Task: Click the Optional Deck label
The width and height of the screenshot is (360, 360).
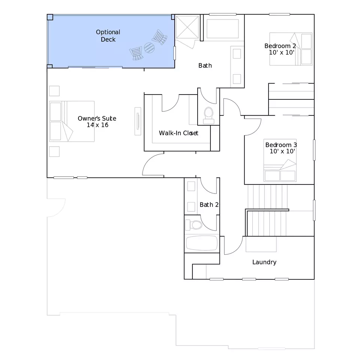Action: pyautogui.click(x=108, y=36)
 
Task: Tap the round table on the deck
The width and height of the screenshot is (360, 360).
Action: pyautogui.click(x=149, y=48)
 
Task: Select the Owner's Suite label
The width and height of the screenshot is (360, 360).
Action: pyautogui.click(x=97, y=121)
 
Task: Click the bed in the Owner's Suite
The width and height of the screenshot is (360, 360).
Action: pyautogui.click(x=72, y=121)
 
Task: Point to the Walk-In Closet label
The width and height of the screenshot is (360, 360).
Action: pyautogui.click(x=178, y=133)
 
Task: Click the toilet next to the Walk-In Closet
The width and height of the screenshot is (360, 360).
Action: pyautogui.click(x=209, y=115)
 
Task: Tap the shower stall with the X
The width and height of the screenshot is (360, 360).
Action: pyautogui.click(x=187, y=27)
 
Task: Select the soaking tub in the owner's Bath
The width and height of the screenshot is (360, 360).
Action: pyautogui.click(x=222, y=29)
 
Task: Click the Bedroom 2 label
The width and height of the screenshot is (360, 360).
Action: pyautogui.click(x=280, y=49)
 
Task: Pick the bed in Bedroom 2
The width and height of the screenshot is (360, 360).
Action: pyautogui.click(x=291, y=49)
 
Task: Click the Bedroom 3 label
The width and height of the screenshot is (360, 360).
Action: pyautogui.click(x=281, y=148)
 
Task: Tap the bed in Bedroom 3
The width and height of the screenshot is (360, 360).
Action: pyautogui.click(x=280, y=160)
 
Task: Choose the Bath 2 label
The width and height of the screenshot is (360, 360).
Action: pyautogui.click(x=209, y=205)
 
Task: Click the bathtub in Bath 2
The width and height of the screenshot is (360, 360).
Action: pyautogui.click(x=202, y=243)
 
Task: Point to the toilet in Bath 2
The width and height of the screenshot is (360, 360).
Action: pyautogui.click(x=193, y=225)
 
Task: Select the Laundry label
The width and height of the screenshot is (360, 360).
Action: pyautogui.click(x=264, y=262)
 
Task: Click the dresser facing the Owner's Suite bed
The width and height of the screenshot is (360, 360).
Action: pyautogui.click(x=138, y=121)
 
